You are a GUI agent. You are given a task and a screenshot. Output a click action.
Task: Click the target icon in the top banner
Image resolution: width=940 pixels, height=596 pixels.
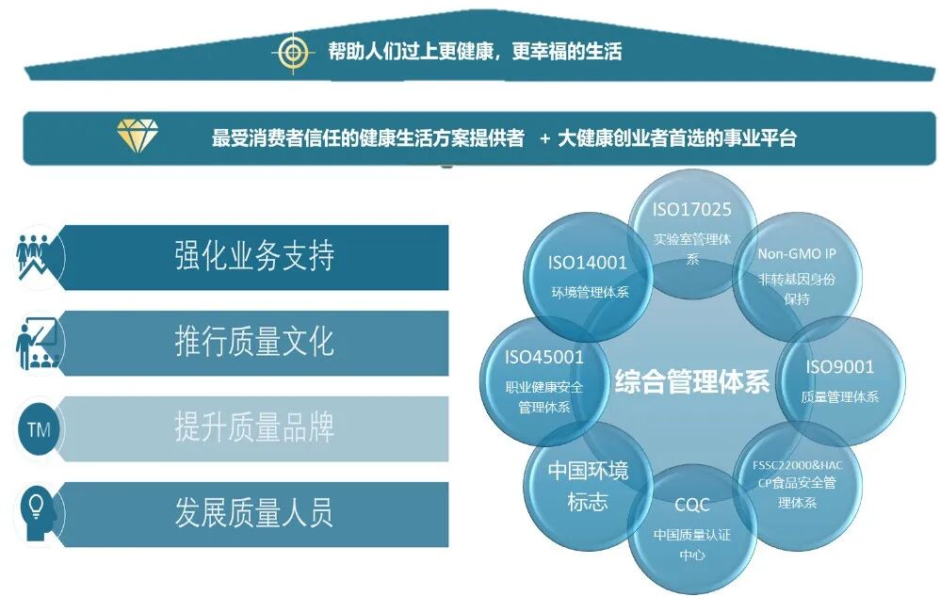click(294, 53)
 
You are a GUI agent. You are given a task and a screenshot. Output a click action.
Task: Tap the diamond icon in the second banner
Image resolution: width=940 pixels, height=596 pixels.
click(137, 136)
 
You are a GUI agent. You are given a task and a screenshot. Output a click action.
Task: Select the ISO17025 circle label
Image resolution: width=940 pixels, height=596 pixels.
click(692, 210)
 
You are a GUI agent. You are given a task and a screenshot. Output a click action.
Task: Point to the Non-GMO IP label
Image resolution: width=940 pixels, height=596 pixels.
click(797, 253)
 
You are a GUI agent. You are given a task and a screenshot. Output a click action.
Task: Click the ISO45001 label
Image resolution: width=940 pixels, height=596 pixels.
click(544, 357)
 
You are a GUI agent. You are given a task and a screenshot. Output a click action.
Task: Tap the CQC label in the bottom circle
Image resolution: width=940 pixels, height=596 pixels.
click(692, 506)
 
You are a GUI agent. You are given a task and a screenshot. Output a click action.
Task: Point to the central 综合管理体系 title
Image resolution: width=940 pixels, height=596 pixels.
click(692, 381)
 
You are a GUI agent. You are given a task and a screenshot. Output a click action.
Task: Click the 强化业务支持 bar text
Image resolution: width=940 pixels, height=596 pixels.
click(254, 257)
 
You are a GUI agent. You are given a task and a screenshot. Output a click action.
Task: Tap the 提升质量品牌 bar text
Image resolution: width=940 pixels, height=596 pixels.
click(254, 428)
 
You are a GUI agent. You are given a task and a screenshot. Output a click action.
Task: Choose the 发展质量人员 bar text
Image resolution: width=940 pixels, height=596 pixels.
click(254, 514)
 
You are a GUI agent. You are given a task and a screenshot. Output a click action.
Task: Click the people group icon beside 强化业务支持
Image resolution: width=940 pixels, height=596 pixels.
click(38, 257)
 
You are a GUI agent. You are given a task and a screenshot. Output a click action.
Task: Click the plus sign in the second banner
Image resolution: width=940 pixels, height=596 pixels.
click(544, 138)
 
